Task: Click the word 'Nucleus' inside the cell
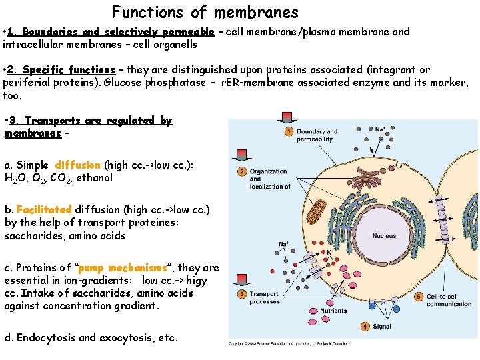coord(384,236)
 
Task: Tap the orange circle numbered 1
coord(289,132)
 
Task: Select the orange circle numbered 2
coord(241,172)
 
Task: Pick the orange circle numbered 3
coord(241,295)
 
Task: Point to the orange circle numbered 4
coord(365,327)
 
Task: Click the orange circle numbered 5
coord(419,296)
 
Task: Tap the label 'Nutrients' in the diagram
coord(333,311)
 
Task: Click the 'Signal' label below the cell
coord(382,327)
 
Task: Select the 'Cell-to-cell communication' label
coord(449,300)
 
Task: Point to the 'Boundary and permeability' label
coord(317,135)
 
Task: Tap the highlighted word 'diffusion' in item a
coord(78,165)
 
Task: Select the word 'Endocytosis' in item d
coord(45,337)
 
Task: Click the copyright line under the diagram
coord(288,344)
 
